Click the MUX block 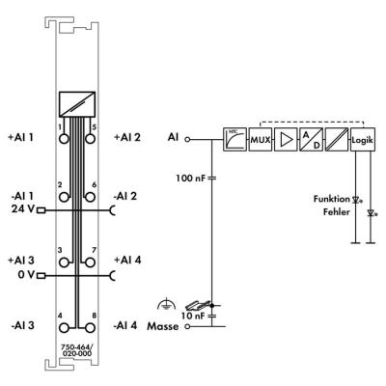[x=261, y=140]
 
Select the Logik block [x=363, y=140]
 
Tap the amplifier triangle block [x=286, y=140]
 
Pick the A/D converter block [x=312, y=140]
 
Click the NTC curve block [x=234, y=140]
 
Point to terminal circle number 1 [x=65, y=139]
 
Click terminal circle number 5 [x=91, y=139]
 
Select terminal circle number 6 [x=91, y=197]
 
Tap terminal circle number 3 [x=65, y=262]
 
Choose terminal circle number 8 [x=91, y=328]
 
